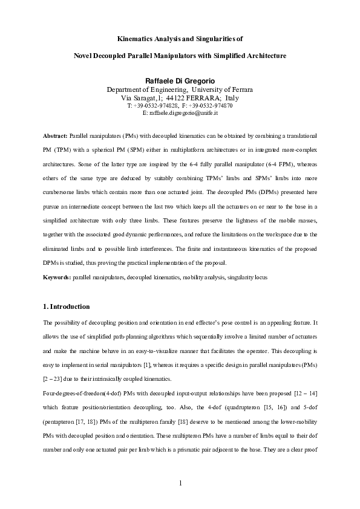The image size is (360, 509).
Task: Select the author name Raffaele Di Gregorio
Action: click(x=180, y=81)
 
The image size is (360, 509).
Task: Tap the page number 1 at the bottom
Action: click(x=180, y=482)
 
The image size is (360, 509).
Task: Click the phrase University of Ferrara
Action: click(x=217, y=89)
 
